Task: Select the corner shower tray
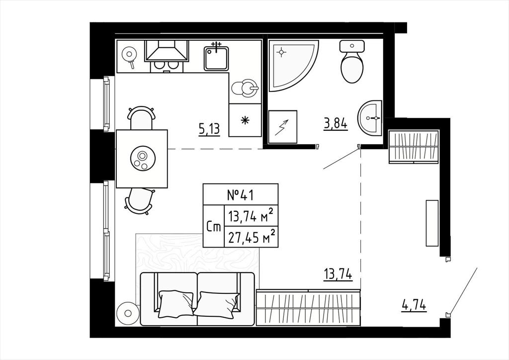click(290, 63)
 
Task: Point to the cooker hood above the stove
click(167, 51)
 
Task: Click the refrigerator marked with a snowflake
click(245, 120)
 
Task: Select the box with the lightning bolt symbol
click(283, 127)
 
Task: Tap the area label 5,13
click(209, 129)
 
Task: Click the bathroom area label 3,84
click(336, 124)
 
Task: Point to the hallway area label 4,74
click(414, 305)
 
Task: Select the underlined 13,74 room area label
click(338, 274)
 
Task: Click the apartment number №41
click(240, 195)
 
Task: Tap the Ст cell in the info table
click(214, 226)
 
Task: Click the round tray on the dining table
click(143, 159)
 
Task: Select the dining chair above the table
click(141, 117)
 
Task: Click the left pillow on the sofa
click(175, 304)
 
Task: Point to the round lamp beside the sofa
click(128, 313)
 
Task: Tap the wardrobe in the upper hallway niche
click(414, 146)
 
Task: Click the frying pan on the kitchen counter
click(129, 56)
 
